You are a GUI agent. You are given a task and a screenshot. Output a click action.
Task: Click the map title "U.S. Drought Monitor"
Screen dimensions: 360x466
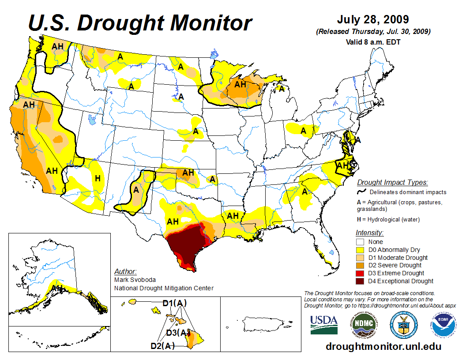pyautogui.click(x=140, y=22)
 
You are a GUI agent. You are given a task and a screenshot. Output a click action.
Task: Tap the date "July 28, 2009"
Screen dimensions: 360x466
pyautogui.click(x=373, y=20)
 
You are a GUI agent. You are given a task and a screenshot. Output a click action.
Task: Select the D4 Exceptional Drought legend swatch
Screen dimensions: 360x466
pyautogui.click(x=360, y=281)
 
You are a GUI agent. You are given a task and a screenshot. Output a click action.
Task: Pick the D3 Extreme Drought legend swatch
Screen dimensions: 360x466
pyautogui.click(x=360, y=273)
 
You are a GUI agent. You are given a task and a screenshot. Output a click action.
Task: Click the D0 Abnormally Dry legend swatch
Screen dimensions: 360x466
pyautogui.click(x=360, y=250)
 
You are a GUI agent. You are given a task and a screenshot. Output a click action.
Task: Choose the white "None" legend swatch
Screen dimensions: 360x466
pyautogui.click(x=360, y=242)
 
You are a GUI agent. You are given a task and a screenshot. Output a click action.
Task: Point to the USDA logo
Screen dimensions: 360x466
pyautogui.click(x=324, y=324)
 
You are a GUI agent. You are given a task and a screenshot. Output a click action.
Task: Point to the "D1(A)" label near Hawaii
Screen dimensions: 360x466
pyautogui.click(x=174, y=303)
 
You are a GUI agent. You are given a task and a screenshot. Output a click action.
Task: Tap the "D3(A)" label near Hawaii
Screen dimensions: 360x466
pyautogui.click(x=178, y=332)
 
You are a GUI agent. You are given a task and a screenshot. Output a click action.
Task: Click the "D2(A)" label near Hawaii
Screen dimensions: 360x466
pyautogui.click(x=162, y=346)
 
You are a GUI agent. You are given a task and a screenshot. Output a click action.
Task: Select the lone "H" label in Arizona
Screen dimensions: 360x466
pyautogui.click(x=98, y=178)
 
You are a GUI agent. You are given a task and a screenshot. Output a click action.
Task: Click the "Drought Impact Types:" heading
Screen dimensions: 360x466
pyautogui.click(x=392, y=182)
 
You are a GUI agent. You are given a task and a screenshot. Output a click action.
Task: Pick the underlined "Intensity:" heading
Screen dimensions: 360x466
pyautogui.click(x=369, y=232)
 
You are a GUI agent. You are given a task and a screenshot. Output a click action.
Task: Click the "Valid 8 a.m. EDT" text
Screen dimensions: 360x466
pyautogui.click(x=373, y=42)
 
